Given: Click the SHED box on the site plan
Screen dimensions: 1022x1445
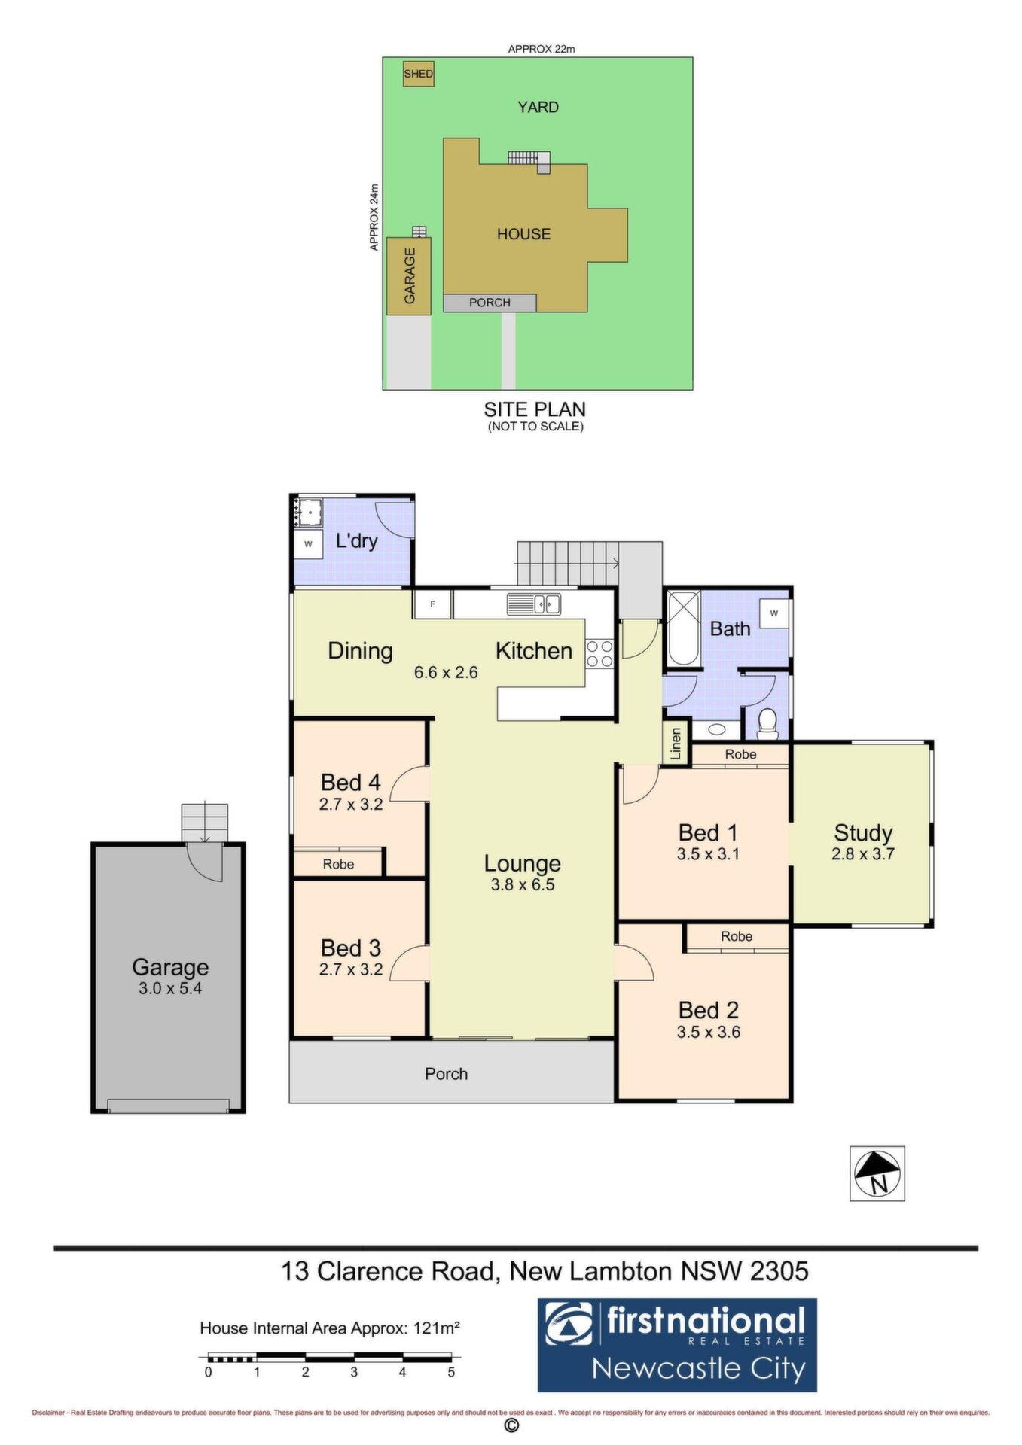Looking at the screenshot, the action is pyautogui.click(x=418, y=74).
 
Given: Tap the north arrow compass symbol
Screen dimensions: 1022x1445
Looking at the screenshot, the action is pyautogui.click(x=877, y=1173).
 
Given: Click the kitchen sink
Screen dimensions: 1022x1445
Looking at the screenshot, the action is pyautogui.click(x=533, y=604).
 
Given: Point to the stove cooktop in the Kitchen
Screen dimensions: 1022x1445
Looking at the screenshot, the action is pyautogui.click(x=600, y=653).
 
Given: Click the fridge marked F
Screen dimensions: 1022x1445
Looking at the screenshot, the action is pyautogui.click(x=432, y=604).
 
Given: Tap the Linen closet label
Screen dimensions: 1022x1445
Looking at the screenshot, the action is pyautogui.click(x=676, y=743).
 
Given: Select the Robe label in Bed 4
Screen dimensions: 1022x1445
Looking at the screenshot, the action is pyautogui.click(x=338, y=864).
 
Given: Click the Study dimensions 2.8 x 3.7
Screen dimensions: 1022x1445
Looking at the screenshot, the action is pyautogui.click(x=863, y=854).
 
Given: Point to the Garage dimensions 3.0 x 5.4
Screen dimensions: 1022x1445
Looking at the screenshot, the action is pyautogui.click(x=170, y=988).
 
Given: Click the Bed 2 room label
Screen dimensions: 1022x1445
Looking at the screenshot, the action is pyautogui.click(x=708, y=1010).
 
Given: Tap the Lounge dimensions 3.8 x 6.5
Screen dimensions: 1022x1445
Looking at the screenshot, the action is pyautogui.click(x=523, y=884).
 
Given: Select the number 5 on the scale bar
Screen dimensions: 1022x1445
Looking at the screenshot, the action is pyautogui.click(x=451, y=1372).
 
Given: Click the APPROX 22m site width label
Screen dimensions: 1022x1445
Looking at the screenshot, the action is pyautogui.click(x=542, y=49).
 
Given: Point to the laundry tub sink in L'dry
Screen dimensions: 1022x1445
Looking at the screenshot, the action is pyautogui.click(x=309, y=512).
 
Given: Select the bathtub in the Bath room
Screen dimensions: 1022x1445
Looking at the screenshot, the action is pyautogui.click(x=684, y=628).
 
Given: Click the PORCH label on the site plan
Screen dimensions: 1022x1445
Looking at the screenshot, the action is pyautogui.click(x=490, y=303).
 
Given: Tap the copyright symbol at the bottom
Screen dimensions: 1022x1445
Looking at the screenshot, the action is pyautogui.click(x=511, y=1425).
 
